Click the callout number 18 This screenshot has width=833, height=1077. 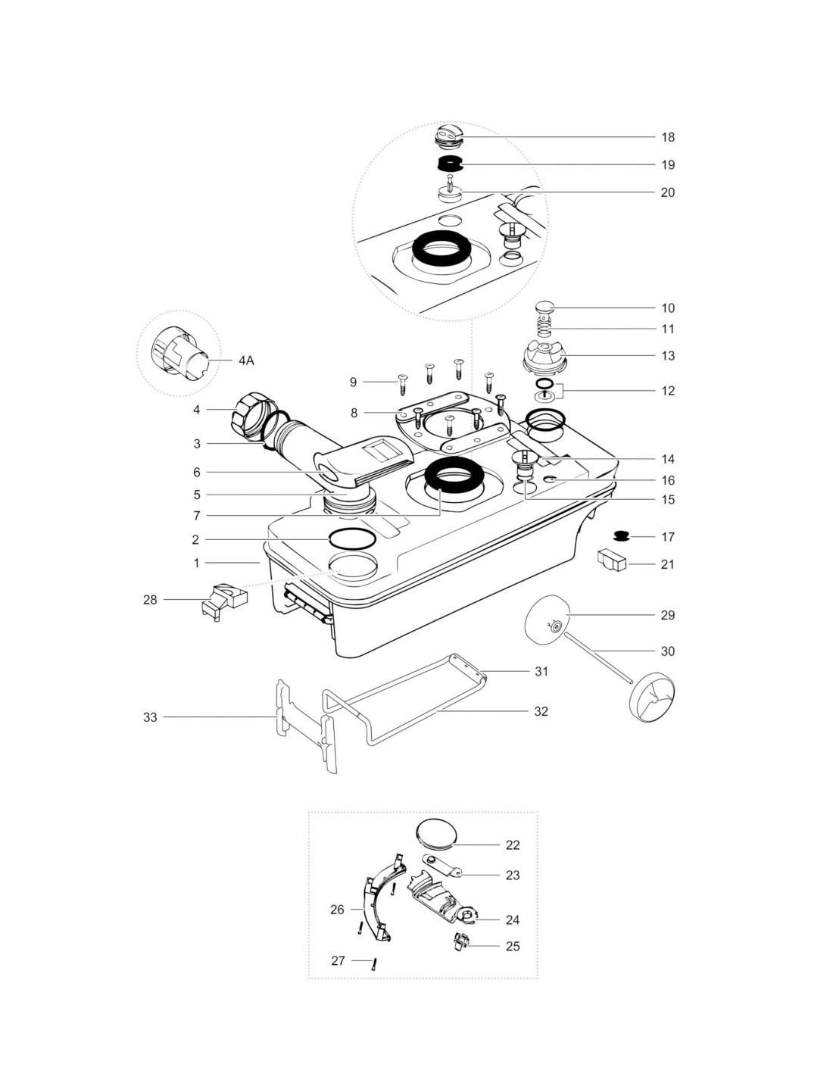click(667, 137)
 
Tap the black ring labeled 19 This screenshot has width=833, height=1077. click(450, 164)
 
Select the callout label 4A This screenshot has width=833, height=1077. click(246, 361)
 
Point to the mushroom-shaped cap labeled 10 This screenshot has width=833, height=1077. click(545, 307)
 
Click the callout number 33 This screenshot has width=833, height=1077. click(150, 716)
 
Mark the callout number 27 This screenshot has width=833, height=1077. click(338, 960)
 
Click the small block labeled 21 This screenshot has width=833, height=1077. click(613, 561)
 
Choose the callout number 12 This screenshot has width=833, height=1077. click(667, 391)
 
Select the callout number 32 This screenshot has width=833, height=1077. click(541, 711)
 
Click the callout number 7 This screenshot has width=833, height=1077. click(196, 516)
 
